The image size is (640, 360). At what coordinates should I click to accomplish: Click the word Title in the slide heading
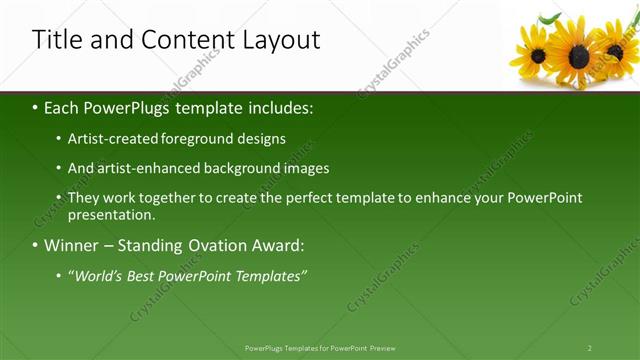tap(56, 40)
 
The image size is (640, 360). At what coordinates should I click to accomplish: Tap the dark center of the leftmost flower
tap(538, 55)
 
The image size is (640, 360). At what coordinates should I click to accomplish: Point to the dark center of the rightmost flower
tap(615, 51)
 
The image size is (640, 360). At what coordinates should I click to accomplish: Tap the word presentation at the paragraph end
tap(110, 214)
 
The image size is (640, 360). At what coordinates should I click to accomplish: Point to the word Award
tap(279, 245)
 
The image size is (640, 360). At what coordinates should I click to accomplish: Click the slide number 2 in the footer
tap(590, 348)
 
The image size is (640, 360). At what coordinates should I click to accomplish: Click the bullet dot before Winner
tap(35, 245)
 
